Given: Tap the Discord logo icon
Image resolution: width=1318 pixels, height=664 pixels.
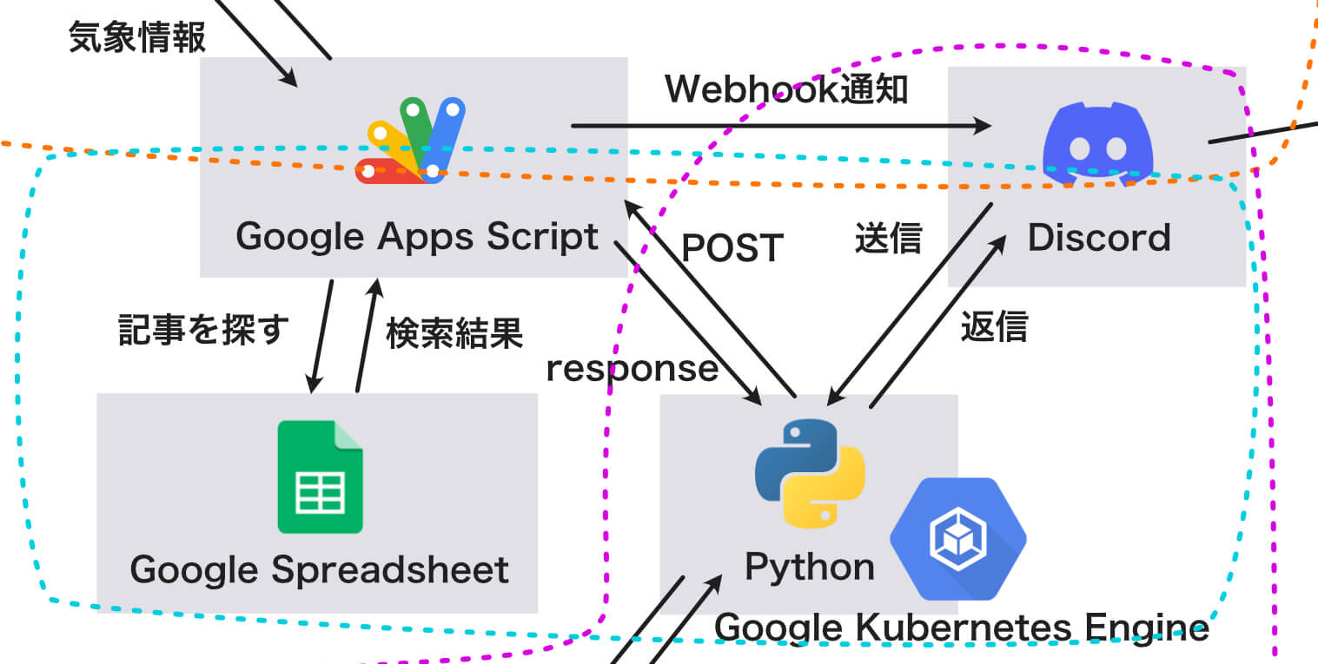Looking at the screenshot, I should (1097, 143).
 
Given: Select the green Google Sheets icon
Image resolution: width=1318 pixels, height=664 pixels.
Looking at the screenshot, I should (320, 477).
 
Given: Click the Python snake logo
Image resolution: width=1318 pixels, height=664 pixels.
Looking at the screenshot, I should (810, 473).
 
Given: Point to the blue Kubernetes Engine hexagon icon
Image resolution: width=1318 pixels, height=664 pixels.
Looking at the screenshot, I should (957, 538).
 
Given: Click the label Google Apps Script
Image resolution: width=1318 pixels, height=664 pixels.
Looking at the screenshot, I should (417, 237).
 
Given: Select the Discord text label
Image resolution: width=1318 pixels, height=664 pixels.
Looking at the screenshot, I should (1099, 237).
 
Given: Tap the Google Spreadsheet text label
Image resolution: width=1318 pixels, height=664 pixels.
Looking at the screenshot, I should (319, 570).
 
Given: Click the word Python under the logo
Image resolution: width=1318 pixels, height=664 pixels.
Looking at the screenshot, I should (810, 567).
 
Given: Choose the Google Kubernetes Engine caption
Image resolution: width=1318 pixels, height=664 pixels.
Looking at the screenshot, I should (961, 627).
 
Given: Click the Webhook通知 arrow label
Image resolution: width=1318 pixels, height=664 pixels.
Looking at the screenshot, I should (786, 89).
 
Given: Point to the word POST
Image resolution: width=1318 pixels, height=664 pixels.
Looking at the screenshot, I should (732, 248).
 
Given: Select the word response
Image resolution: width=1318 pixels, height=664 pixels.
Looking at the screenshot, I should (632, 368).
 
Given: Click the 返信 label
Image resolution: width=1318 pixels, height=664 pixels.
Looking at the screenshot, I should (994, 327).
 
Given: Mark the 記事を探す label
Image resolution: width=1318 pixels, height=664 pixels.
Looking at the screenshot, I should (203, 330).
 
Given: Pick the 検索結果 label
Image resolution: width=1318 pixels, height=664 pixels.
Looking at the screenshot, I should (454, 332).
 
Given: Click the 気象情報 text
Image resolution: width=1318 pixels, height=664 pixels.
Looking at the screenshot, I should (137, 37).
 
